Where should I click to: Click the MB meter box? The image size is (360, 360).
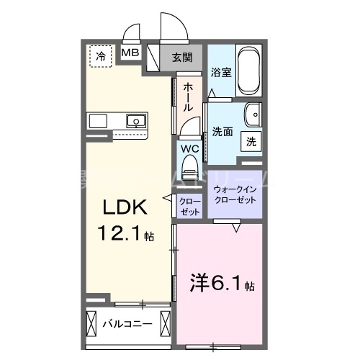[130, 53]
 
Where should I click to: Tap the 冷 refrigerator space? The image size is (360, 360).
[102, 55]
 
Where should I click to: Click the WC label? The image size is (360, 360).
[189, 150]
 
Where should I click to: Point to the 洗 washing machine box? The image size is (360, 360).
[252, 142]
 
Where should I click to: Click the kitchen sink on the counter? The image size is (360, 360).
[135, 120]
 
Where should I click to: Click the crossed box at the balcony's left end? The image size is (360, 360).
[91, 323]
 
